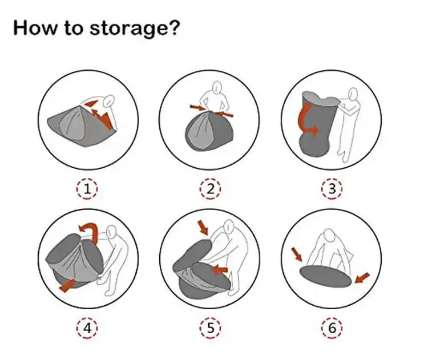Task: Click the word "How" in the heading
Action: tap(34, 27)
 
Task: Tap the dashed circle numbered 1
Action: tap(87, 189)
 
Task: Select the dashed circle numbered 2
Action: tap(210, 189)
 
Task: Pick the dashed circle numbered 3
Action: tap(332, 189)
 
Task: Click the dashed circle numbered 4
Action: tap(87, 328)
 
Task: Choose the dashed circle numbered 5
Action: tap(210, 328)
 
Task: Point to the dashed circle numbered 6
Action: tap(332, 328)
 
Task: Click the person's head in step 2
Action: tap(217, 87)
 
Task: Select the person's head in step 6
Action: tap(329, 236)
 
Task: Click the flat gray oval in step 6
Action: tap(326, 277)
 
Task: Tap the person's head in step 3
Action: tap(353, 94)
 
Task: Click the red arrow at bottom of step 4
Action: tap(67, 285)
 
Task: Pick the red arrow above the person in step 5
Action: tap(203, 228)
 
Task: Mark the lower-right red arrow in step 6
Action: tap(362, 278)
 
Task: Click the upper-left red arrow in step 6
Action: tap(297, 254)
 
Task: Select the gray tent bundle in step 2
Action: tap(209, 131)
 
